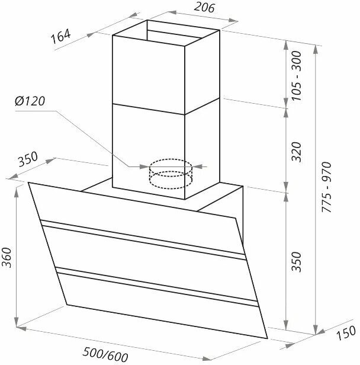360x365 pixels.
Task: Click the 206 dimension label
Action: (204, 7)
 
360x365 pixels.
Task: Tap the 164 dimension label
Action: (61, 37)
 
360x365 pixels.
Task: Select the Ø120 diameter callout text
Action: (30, 101)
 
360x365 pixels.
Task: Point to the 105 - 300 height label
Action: (296, 76)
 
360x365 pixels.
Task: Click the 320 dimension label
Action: (296, 152)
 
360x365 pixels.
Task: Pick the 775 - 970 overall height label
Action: (326, 187)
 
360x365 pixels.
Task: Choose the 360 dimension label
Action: (7, 258)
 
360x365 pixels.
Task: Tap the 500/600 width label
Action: (105, 354)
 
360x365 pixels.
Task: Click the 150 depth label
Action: (346, 332)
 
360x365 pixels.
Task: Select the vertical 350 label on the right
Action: (297, 262)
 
